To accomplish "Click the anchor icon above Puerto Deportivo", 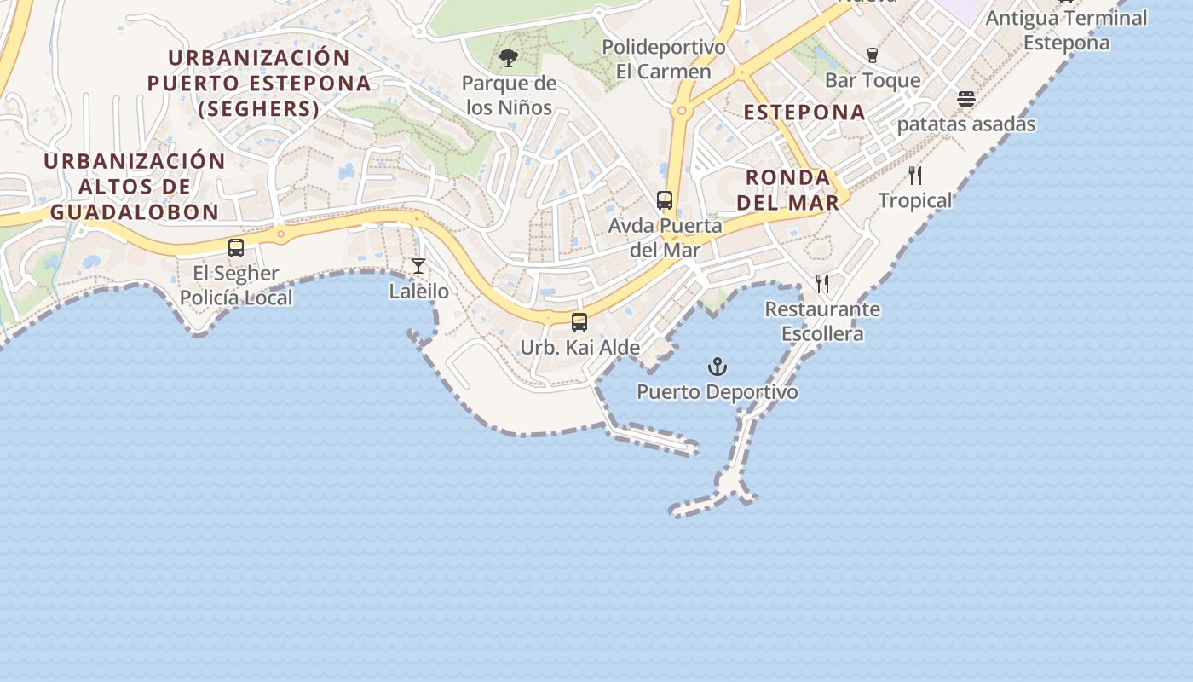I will (x=718, y=367).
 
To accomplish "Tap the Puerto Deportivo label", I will (x=718, y=392).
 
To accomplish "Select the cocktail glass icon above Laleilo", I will (x=418, y=266).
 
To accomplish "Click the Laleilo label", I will (x=418, y=291).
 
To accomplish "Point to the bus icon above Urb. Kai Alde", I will (x=579, y=322).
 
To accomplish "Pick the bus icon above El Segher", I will (x=236, y=248).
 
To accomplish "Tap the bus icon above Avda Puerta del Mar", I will (x=665, y=201).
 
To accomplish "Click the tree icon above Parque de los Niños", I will (x=509, y=58).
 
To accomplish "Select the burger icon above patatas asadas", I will (x=965, y=99).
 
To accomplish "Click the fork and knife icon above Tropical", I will (x=915, y=176).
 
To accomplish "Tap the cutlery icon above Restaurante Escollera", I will (x=822, y=283).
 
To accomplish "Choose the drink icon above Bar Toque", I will (x=872, y=55).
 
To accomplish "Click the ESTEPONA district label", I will (x=804, y=112).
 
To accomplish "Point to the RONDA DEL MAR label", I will (x=788, y=189).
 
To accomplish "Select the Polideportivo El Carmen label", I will (x=664, y=59).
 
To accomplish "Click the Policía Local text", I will (x=236, y=298).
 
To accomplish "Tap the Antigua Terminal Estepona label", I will (x=1067, y=30).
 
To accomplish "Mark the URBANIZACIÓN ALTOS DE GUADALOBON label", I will (x=134, y=186).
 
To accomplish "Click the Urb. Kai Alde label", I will (x=579, y=348).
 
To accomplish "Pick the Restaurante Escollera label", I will (x=822, y=321).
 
